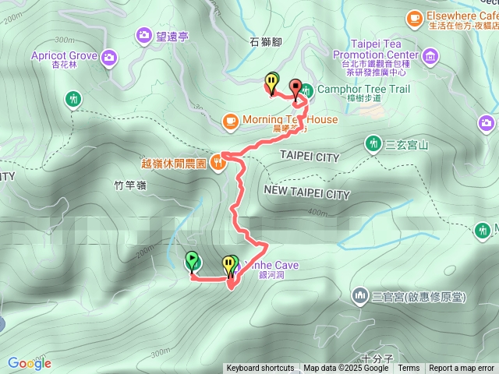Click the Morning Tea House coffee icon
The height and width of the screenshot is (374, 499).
[x=230, y=120]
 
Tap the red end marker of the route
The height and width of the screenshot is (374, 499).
[x=296, y=87]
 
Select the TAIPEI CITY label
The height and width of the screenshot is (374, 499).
[x=310, y=157]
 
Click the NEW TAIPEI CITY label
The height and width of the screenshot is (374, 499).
[x=307, y=192]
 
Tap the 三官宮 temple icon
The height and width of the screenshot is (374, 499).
[x=360, y=295]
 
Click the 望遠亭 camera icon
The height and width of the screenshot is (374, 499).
[x=144, y=34]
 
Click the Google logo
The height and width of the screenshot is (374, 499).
[x=29, y=363]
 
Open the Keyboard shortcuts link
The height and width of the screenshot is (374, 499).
[x=260, y=368]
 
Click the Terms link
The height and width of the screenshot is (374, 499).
[x=409, y=368]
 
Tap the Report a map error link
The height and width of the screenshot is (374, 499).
[x=462, y=368]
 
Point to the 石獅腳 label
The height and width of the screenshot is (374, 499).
[x=266, y=41]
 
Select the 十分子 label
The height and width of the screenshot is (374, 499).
[x=376, y=337]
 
